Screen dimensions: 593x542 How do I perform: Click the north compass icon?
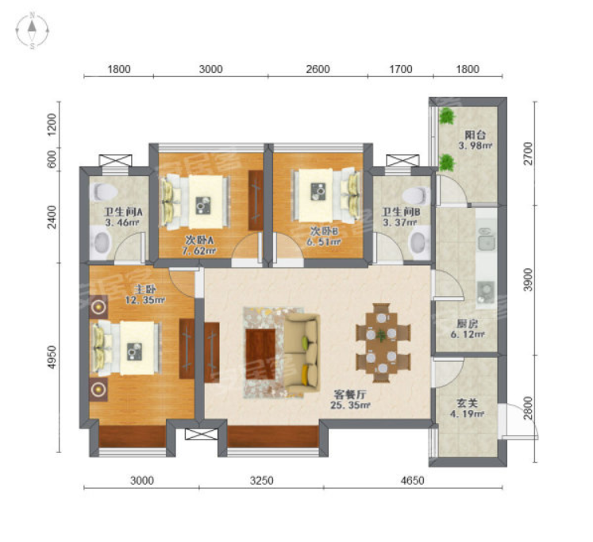[x=33, y=31]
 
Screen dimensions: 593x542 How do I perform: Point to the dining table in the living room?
[x=383, y=343]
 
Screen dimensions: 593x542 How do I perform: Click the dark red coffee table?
[x=260, y=354]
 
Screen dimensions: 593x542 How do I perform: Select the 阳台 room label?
[x=475, y=135]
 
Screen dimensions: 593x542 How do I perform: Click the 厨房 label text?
[x=467, y=324]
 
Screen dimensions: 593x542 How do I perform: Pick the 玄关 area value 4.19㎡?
[x=467, y=414]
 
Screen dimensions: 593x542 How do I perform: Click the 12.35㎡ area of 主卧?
[x=145, y=301]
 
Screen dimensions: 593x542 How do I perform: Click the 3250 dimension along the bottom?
[x=262, y=480]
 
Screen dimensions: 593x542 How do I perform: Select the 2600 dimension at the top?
[x=318, y=69]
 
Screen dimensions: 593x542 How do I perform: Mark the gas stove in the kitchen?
[x=486, y=292]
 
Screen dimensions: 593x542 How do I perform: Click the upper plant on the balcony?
[x=447, y=116]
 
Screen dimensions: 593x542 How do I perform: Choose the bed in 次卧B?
[x=326, y=195]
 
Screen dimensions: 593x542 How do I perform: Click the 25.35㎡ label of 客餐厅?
[x=350, y=406]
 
